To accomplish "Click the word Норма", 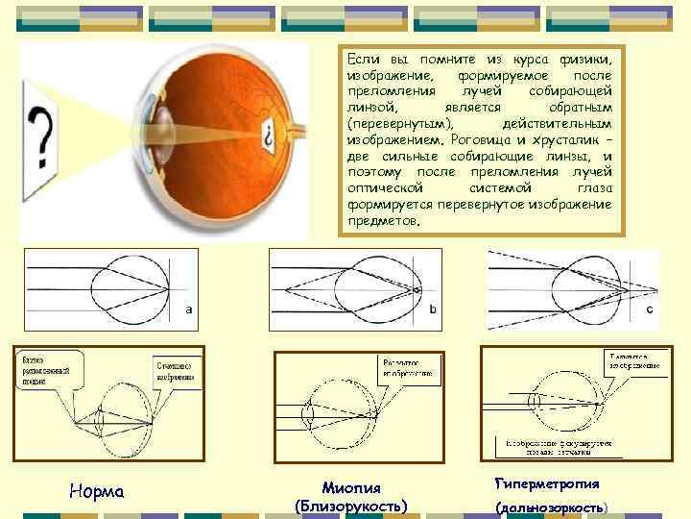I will coord(98,492).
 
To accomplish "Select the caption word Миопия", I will coord(350,486).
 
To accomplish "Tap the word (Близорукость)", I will coord(350,505).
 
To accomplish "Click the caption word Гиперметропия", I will coord(548,483).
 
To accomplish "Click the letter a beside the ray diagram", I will coord(188,309).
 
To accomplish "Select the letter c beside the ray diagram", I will coord(649,309).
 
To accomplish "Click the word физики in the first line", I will coord(587,59).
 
